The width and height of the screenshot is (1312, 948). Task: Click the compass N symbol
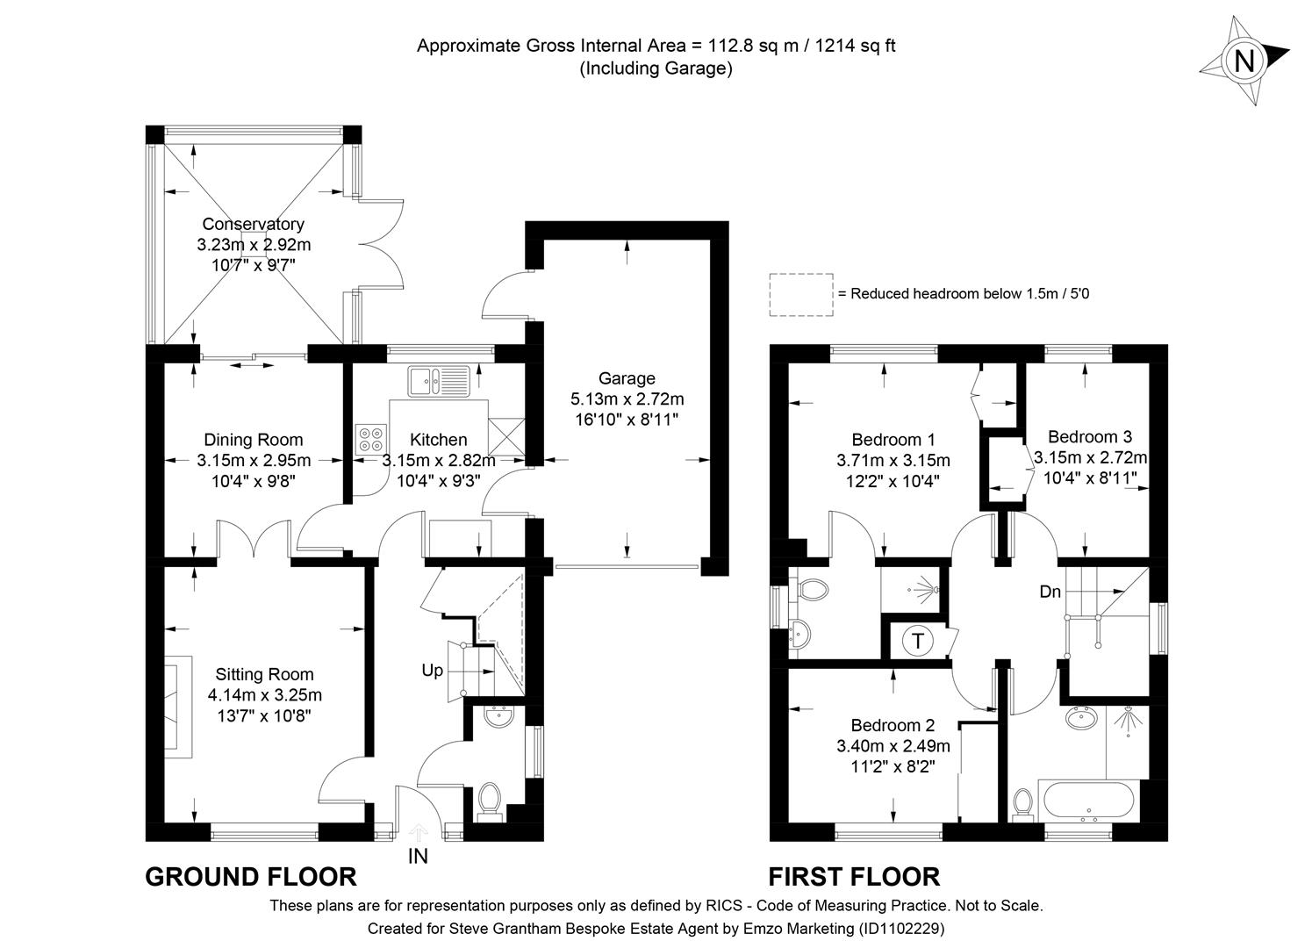tap(1244, 61)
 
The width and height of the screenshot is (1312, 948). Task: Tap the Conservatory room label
tap(253, 225)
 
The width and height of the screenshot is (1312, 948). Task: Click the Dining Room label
tap(253, 440)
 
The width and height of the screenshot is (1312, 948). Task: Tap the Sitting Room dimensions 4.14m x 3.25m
tap(264, 695)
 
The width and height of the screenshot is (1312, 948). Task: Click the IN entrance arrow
tap(418, 830)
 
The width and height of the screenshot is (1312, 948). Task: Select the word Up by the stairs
tap(432, 671)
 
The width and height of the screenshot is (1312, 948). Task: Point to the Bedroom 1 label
tap(893, 440)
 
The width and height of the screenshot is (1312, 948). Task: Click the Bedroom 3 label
tap(1089, 436)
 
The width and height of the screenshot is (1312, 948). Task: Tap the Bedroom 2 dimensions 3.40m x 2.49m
tap(893, 746)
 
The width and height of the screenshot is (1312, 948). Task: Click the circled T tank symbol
tap(918, 642)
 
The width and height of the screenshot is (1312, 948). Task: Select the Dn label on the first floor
tap(1050, 592)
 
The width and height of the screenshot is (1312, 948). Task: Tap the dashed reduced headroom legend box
tap(800, 294)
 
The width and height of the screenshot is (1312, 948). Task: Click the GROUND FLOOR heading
tap(251, 877)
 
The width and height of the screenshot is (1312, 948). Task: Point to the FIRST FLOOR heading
tap(854, 877)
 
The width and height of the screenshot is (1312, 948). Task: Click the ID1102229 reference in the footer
tap(901, 928)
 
